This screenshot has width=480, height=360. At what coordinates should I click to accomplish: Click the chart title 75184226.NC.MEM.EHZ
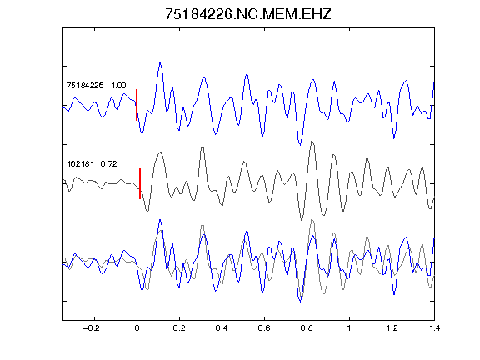248,14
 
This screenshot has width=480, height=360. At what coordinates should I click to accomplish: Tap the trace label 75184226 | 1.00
96,85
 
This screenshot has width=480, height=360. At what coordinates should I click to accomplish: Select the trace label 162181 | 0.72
92,164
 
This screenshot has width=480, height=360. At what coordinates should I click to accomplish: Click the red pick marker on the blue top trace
137,105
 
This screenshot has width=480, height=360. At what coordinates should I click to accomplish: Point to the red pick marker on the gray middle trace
140,183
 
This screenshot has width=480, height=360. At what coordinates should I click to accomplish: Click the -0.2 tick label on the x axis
91,328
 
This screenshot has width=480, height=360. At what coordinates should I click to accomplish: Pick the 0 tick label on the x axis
137,328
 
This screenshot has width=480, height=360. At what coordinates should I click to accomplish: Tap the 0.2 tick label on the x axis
179,328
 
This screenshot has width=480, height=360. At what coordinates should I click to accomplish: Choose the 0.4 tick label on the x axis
222,328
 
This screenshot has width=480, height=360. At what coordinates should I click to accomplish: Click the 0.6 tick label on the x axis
264,328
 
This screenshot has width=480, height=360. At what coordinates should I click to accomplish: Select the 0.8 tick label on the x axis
307,328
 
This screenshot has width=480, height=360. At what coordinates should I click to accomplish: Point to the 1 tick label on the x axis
349,328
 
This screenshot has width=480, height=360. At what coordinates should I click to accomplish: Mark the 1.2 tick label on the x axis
392,328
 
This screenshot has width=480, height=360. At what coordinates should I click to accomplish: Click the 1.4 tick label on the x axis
434,328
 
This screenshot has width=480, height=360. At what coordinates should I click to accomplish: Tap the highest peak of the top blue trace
160,63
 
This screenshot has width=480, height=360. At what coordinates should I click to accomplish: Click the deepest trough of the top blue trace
300,144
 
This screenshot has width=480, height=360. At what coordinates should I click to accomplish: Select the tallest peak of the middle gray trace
312,141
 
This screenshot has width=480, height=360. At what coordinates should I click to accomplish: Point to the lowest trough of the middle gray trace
302,219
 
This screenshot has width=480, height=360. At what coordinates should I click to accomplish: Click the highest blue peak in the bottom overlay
160,220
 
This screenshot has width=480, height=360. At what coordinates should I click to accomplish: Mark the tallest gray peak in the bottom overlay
312,219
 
